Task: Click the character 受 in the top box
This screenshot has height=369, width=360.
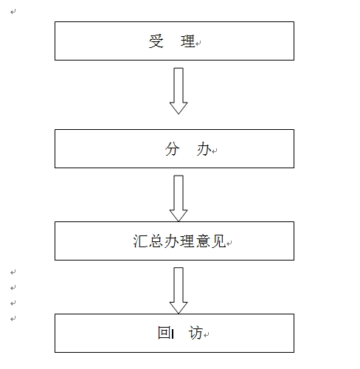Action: pyautogui.click(x=156, y=41)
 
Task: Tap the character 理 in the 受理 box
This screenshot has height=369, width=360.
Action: pyautogui.click(x=188, y=41)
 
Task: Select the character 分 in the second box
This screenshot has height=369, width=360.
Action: pyautogui.click(x=172, y=149)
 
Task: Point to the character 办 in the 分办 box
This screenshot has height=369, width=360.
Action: pyautogui.click(x=204, y=149)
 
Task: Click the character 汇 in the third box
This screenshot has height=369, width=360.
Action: pyautogui.click(x=141, y=241)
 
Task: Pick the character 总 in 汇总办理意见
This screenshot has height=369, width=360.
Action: pyautogui.click(x=156, y=241)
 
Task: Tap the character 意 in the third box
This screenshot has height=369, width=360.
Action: pyautogui.click(x=203, y=241)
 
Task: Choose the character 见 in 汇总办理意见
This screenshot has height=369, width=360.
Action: pyautogui.click(x=218, y=241)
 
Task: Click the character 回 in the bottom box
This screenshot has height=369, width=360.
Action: pyautogui.click(x=164, y=333)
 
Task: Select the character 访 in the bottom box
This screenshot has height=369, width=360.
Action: pyautogui.click(x=195, y=333)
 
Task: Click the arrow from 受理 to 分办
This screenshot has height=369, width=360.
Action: pyautogui.click(x=179, y=91)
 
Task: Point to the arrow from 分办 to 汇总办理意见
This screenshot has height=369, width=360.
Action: pyautogui.click(x=179, y=199)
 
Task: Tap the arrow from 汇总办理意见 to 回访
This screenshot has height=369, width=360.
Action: pyautogui.click(x=179, y=291)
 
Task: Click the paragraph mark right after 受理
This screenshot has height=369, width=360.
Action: pyautogui.click(x=198, y=44)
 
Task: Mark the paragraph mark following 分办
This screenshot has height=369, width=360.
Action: pyautogui.click(x=215, y=151)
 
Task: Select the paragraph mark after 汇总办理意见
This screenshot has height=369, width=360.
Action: pyautogui.click(x=229, y=244)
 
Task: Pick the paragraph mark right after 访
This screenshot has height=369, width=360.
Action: pyautogui.click(x=207, y=335)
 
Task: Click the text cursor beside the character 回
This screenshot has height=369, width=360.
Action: pyautogui.click(x=173, y=334)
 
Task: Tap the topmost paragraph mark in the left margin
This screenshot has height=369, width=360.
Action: pyautogui.click(x=13, y=12)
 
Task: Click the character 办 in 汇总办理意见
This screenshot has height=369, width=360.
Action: pyautogui.click(x=172, y=241)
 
